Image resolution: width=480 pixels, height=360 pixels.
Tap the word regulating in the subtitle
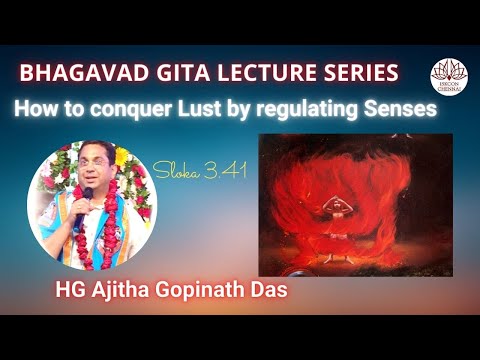325,110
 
